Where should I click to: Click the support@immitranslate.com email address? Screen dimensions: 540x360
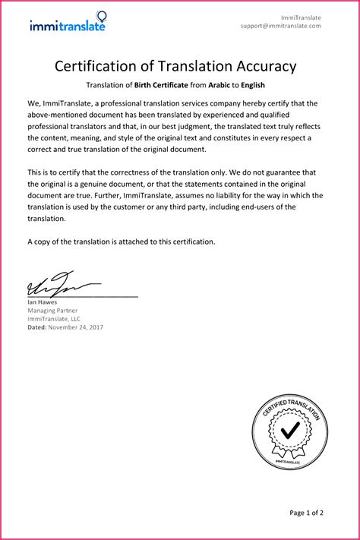[x=281, y=25]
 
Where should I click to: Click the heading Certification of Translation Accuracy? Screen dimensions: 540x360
[x=175, y=66]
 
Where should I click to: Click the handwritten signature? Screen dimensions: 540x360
[x=53, y=285]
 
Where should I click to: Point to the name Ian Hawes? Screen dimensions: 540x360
[x=42, y=302]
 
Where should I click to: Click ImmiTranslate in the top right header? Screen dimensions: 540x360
[x=301, y=17]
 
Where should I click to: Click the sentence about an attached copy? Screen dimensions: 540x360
[x=122, y=242]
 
